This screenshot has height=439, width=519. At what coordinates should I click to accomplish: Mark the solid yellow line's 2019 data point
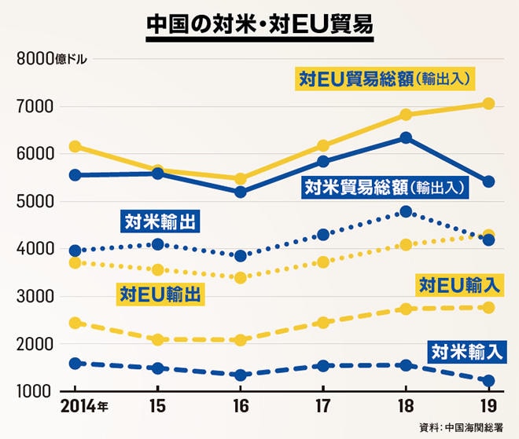pyautogui.click(x=488, y=104)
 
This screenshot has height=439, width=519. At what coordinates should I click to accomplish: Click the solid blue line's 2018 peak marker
pyautogui.click(x=406, y=137)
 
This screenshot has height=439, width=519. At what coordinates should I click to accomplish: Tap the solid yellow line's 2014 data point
pyautogui.click(x=75, y=146)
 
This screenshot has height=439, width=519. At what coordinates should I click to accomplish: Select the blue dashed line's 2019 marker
pyautogui.click(x=488, y=381)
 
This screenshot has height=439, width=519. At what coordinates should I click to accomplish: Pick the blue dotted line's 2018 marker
pyautogui.click(x=406, y=212)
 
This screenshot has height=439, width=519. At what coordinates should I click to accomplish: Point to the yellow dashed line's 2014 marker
pyautogui.click(x=75, y=323)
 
